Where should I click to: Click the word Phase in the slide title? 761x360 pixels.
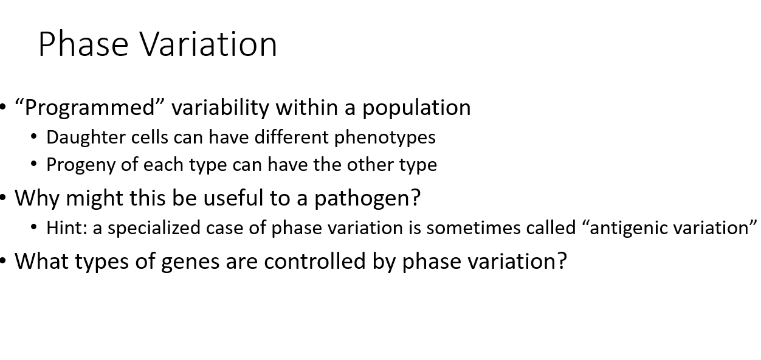84,44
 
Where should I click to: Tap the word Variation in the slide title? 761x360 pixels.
208,44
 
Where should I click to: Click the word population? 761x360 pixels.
416,108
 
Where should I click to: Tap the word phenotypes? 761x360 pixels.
385,137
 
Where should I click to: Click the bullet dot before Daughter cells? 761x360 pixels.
34,137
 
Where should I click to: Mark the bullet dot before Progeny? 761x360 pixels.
34,164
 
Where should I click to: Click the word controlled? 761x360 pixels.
319,261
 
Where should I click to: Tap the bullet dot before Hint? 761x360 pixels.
34,227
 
